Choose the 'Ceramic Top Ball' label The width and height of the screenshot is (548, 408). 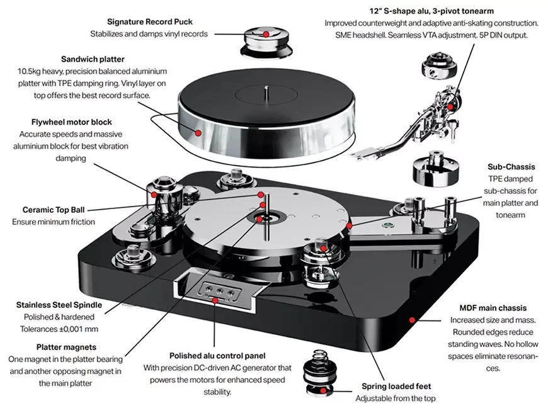49,210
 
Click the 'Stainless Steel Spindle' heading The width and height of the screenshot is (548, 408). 59,305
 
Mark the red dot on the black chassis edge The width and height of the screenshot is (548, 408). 412,320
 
